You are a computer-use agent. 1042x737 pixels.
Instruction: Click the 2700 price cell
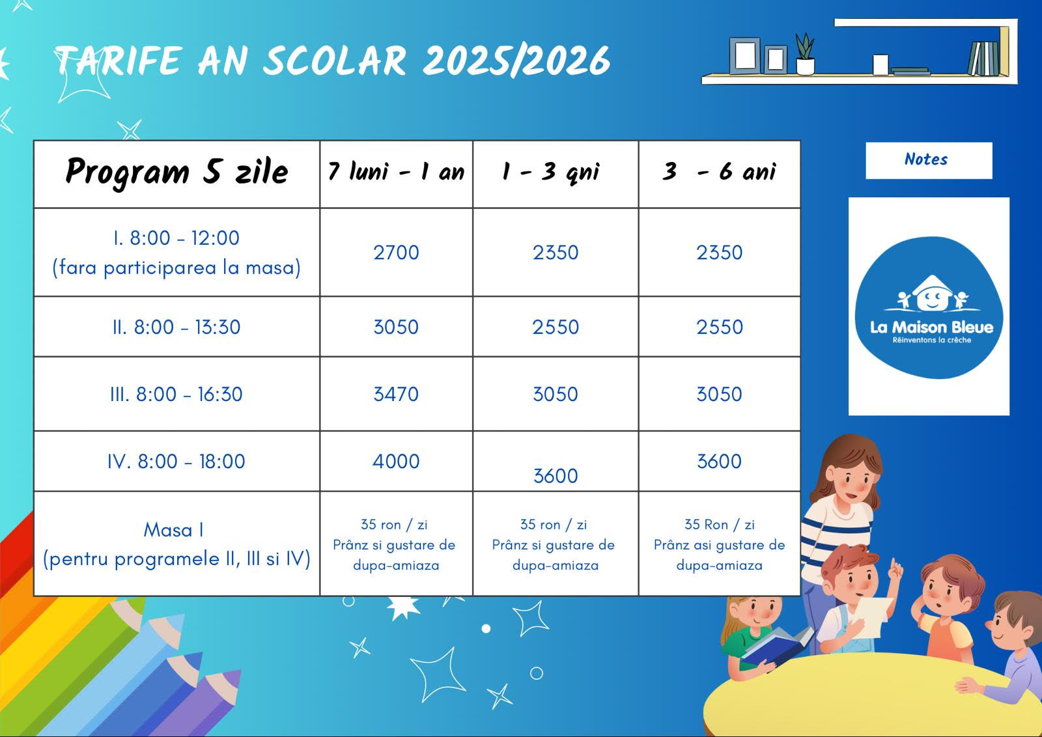pyautogui.click(x=396, y=253)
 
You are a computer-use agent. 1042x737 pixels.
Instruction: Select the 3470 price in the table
pyautogui.click(x=396, y=395)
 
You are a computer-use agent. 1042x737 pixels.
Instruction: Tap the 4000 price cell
pyautogui.click(x=396, y=461)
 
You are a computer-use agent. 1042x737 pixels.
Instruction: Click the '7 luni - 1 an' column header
pyautogui.click(x=396, y=172)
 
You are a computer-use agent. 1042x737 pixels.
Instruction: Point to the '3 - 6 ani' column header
pyautogui.click(x=719, y=172)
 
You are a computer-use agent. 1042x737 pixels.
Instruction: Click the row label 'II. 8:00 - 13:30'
pyautogui.click(x=176, y=327)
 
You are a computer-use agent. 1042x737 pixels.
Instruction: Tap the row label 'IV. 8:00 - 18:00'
pyautogui.click(x=176, y=461)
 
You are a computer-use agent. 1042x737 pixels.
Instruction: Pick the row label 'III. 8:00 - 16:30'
pyautogui.click(x=176, y=395)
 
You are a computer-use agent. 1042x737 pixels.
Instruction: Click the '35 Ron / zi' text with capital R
pyautogui.click(x=719, y=525)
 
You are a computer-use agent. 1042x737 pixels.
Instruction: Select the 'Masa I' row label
pyautogui.click(x=173, y=529)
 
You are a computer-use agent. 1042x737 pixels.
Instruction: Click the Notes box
pyautogui.click(x=929, y=160)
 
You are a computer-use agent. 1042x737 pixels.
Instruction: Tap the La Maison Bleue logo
pyautogui.click(x=929, y=307)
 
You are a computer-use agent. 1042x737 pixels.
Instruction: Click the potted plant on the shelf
pyautogui.click(x=805, y=55)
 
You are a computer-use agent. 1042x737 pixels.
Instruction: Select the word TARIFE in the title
pyautogui.click(x=117, y=61)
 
